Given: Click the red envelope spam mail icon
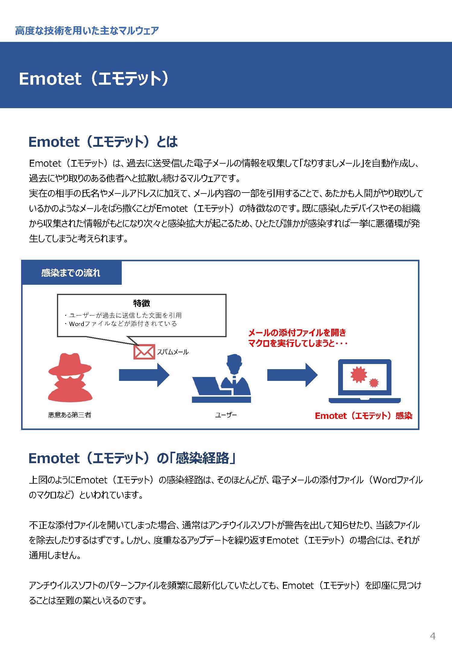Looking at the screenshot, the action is (x=144, y=352).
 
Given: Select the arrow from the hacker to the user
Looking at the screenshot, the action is (x=144, y=375).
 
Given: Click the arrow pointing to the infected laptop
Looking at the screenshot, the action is (x=292, y=375).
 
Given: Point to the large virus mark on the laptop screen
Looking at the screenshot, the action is (x=359, y=375).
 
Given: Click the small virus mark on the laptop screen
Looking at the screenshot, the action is (x=374, y=383).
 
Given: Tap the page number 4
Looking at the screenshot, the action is (x=433, y=636).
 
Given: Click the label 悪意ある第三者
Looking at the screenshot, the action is (x=70, y=415).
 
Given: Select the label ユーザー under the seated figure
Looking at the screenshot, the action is (x=226, y=415).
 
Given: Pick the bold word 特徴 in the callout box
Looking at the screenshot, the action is (x=142, y=303).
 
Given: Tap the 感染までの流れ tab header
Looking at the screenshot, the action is (x=71, y=273).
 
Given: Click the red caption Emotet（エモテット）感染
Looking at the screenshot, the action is (x=363, y=416).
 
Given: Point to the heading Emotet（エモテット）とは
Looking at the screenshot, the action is (x=103, y=142).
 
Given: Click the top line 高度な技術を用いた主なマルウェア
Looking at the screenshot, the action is (x=87, y=31).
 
